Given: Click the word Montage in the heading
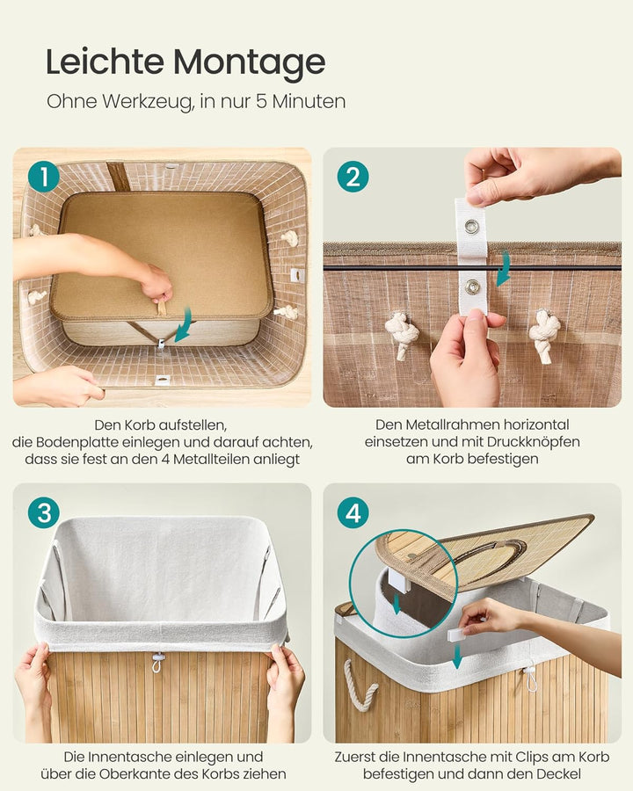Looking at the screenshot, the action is (250, 63).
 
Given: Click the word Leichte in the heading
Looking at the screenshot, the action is (105, 62).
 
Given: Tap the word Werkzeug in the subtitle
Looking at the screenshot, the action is (148, 102).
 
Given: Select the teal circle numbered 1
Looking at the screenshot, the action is (44, 177).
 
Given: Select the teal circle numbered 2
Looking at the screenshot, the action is (353, 177).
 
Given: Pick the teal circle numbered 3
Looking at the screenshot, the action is (44, 512).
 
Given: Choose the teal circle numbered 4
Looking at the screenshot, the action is (353, 512).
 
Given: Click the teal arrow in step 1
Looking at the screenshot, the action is (183, 325).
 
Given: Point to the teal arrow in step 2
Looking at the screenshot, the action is (504, 270).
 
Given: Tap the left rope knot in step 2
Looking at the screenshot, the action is (401, 335).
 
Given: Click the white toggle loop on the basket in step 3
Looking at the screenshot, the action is (158, 661).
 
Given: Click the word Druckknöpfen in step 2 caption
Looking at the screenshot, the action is (534, 442).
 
